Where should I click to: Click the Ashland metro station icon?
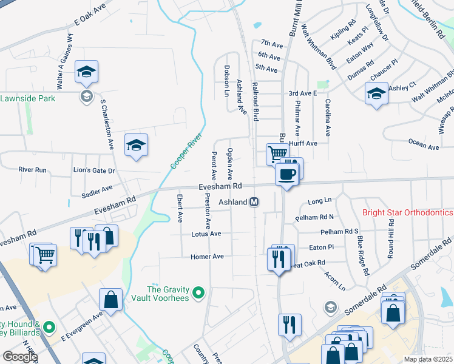(x=255, y=201)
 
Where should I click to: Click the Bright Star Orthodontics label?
(x=407, y=213)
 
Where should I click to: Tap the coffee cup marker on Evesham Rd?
(x=286, y=175)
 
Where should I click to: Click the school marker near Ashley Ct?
(x=376, y=93)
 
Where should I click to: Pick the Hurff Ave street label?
(x=303, y=143)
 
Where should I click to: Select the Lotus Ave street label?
(x=206, y=234)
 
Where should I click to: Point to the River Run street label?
(x=32, y=170)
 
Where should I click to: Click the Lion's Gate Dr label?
(x=93, y=171)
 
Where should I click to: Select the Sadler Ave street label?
(x=97, y=189)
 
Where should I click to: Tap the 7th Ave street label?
(x=272, y=43)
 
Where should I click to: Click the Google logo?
(x=20, y=357)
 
